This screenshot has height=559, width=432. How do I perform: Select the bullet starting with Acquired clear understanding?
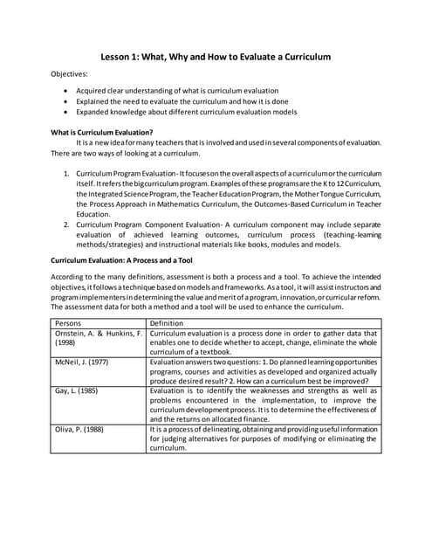[x=177, y=90]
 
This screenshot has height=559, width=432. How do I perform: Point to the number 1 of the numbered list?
[x=67, y=163]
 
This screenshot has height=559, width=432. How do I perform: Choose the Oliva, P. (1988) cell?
[x=79, y=430]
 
